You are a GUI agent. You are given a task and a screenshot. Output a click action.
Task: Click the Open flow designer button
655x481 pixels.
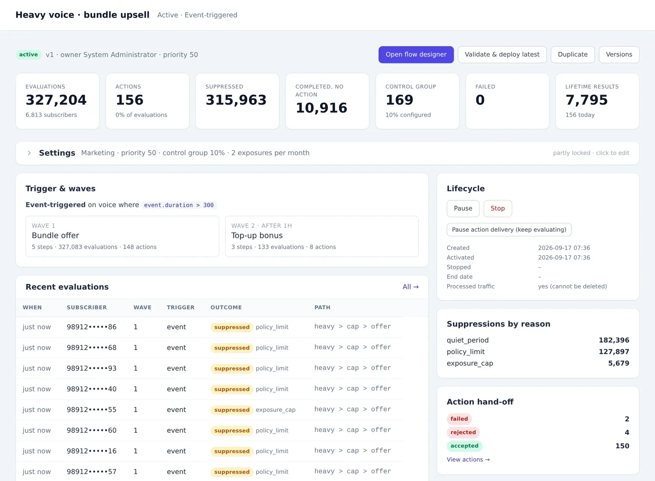pyautogui.click(x=416, y=55)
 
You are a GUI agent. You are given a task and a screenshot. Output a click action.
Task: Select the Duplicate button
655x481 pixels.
pyautogui.click(x=573, y=55)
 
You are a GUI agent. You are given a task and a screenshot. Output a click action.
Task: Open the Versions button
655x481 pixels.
pyautogui.click(x=619, y=55)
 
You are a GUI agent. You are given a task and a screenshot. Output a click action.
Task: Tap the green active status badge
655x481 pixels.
pyautogui.click(x=28, y=55)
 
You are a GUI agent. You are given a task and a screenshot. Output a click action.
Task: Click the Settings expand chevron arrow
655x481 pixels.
pyautogui.click(x=29, y=153)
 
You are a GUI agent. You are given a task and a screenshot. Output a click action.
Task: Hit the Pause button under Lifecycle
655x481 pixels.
pyautogui.click(x=463, y=208)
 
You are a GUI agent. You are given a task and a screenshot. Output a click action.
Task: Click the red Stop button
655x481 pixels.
pyautogui.click(x=497, y=208)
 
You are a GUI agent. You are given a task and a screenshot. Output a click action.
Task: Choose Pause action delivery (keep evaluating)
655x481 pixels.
pyautogui.click(x=509, y=230)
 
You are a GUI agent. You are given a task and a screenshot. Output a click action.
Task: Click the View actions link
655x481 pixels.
pyautogui.click(x=468, y=459)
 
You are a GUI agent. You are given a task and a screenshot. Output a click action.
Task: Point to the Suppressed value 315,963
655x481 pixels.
pyautogui.click(x=236, y=100)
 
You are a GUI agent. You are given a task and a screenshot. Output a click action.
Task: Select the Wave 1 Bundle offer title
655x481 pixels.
pyautogui.click(x=55, y=236)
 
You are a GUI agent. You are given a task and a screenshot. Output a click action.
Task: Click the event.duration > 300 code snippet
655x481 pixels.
pyautogui.click(x=178, y=205)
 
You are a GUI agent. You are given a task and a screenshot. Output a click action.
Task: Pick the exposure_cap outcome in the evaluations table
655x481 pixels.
pyautogui.click(x=276, y=410)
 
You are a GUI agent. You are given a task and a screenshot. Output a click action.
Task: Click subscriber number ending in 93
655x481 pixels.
pyautogui.click(x=92, y=368)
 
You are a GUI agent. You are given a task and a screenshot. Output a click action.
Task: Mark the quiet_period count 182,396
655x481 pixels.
pyautogui.click(x=614, y=340)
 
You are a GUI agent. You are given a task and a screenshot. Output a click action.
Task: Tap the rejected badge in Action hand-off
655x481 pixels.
pyautogui.click(x=463, y=432)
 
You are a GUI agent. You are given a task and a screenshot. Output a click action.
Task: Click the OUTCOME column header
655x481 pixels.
pyautogui.click(x=226, y=308)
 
